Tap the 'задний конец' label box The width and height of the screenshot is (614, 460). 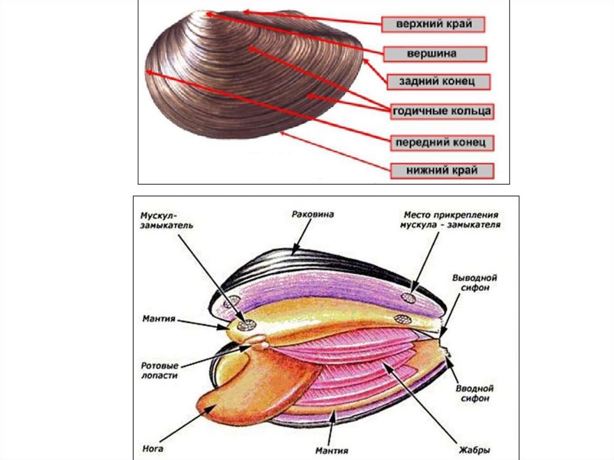(x=440, y=82)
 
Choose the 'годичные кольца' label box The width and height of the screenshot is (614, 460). (x=442, y=112)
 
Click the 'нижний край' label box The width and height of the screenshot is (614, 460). (x=442, y=171)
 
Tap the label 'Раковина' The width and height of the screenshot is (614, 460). (x=312, y=214)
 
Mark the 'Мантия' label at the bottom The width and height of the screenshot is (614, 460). (x=331, y=448)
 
